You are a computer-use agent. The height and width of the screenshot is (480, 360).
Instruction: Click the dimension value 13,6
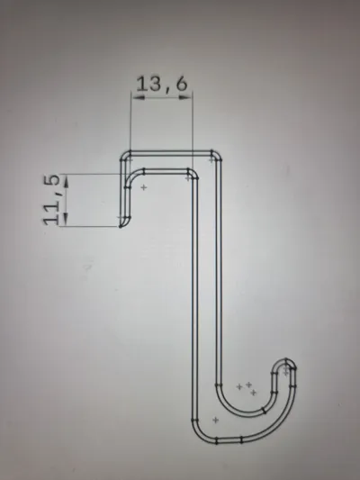click(x=161, y=84)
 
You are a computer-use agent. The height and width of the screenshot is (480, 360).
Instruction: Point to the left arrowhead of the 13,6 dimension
click(x=138, y=97)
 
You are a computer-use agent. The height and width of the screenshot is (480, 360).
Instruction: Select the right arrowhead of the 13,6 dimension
click(x=185, y=97)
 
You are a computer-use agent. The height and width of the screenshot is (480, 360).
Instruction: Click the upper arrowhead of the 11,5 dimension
click(x=66, y=181)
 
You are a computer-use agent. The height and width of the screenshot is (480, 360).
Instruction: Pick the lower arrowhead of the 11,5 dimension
click(x=66, y=220)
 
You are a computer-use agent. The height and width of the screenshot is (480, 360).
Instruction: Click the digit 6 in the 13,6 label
click(x=182, y=84)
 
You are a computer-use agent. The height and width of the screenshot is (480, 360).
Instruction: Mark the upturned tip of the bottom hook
click(x=285, y=360)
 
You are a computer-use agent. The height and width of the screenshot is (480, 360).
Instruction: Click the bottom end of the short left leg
click(x=121, y=226)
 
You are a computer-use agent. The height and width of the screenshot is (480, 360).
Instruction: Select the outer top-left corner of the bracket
click(x=122, y=154)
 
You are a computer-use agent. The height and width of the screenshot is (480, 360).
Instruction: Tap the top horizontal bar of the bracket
click(x=171, y=153)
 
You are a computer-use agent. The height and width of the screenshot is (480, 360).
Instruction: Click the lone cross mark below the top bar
click(x=144, y=187)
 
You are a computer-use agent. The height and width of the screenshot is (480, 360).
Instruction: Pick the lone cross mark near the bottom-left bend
click(x=216, y=420)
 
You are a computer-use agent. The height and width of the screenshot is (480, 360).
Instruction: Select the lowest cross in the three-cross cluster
click(x=253, y=393)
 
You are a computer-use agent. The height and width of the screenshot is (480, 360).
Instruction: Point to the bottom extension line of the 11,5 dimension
click(x=89, y=227)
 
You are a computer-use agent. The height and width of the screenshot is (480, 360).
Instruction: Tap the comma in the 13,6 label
click(x=168, y=91)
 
